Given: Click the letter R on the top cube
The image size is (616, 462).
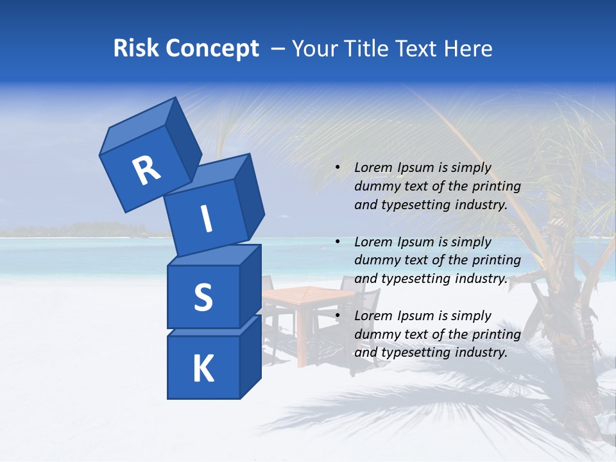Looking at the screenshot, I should pyautogui.click(x=146, y=171).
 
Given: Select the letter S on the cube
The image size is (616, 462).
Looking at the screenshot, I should pyautogui.click(x=203, y=297).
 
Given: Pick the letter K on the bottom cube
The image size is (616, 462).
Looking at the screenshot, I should pyautogui.click(x=203, y=368).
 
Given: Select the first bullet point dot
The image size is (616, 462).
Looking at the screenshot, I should pyautogui.click(x=338, y=168).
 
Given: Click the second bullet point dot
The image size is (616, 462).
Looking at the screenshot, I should pyautogui.click(x=338, y=242).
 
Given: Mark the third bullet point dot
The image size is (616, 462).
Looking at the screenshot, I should pyautogui.click(x=338, y=316).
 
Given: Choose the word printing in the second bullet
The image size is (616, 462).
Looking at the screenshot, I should pyautogui.click(x=496, y=261).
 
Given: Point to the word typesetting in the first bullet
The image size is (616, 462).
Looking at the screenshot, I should pyautogui.click(x=414, y=205).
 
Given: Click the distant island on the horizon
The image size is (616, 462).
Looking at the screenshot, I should pyautogui.click(x=77, y=228).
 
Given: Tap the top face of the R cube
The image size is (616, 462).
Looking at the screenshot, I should pyautogui.click(x=138, y=126).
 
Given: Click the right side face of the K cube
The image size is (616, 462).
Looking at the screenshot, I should pyautogui.click(x=250, y=356).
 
